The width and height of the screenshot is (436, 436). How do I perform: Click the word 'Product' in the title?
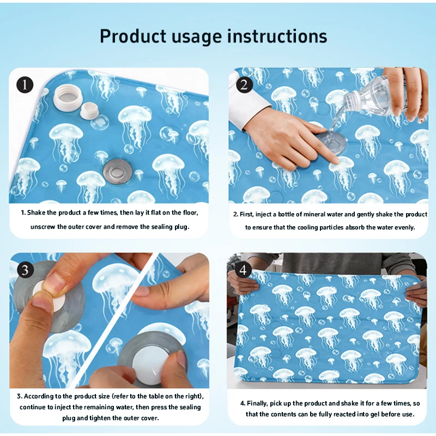(133, 37)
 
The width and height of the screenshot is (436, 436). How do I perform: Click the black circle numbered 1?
(25, 84)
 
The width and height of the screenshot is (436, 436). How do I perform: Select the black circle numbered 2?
(244, 84)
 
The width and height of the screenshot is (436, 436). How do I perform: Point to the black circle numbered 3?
(25, 270)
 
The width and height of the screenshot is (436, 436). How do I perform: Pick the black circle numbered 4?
(243, 270)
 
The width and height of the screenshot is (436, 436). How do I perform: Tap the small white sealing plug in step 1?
(89, 111)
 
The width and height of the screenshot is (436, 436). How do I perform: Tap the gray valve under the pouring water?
(332, 142)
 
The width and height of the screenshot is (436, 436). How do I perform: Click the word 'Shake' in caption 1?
(37, 213)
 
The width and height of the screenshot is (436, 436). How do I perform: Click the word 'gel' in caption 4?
(375, 415)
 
